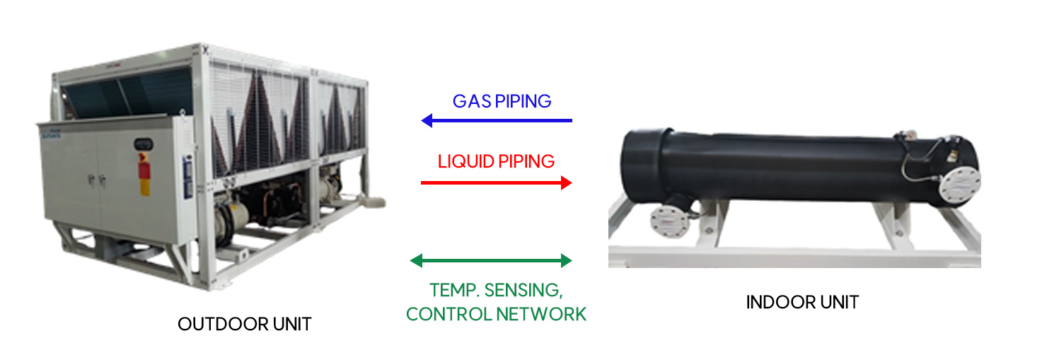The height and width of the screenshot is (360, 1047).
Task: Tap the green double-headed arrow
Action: click(x=491, y=260)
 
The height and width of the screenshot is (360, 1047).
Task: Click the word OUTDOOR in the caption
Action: click(x=215, y=324)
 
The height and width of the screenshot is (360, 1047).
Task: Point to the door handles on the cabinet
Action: click(x=95, y=181)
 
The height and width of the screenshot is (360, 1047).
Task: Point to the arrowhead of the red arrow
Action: click(x=566, y=182)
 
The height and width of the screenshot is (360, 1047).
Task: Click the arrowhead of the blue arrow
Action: click(x=427, y=121)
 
